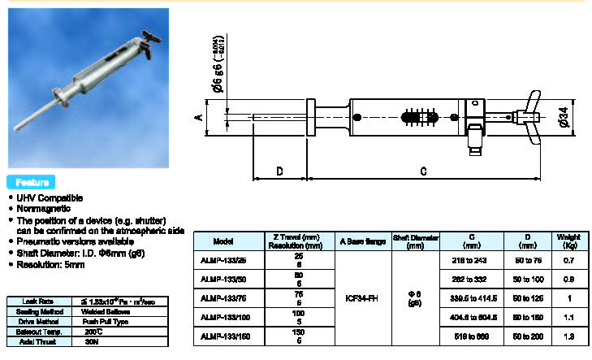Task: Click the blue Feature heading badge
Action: [32, 182]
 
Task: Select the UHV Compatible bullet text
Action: [48, 197]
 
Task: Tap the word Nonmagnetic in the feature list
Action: [41, 209]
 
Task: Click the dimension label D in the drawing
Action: [279, 171]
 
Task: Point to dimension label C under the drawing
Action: [423, 171]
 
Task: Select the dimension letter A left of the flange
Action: [198, 117]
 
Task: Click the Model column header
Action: [223, 241]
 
